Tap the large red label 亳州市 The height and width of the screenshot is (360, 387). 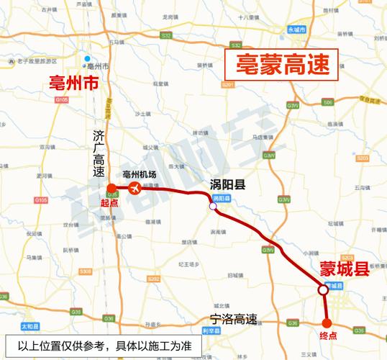click(x=72, y=84)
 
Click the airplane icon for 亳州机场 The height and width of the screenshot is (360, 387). click(x=135, y=188)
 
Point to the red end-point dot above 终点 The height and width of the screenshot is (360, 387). click(x=327, y=323)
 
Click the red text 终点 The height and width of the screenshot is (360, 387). click(x=327, y=336)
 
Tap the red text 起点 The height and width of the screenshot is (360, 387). click(x=109, y=203)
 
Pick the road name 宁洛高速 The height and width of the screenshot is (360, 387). click(x=232, y=318)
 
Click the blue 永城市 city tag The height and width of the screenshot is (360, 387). click(x=297, y=30)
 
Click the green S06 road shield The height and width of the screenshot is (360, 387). click(x=327, y=103)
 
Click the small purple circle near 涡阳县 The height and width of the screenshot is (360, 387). click(x=213, y=207)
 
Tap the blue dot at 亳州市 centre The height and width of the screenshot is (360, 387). click(x=86, y=59)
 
